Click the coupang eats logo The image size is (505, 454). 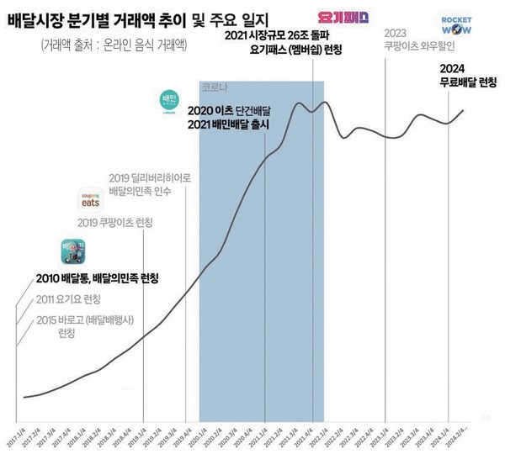pos(92,199)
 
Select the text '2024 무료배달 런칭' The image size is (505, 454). pos(468,76)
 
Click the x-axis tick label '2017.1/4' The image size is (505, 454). pos(19,437)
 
